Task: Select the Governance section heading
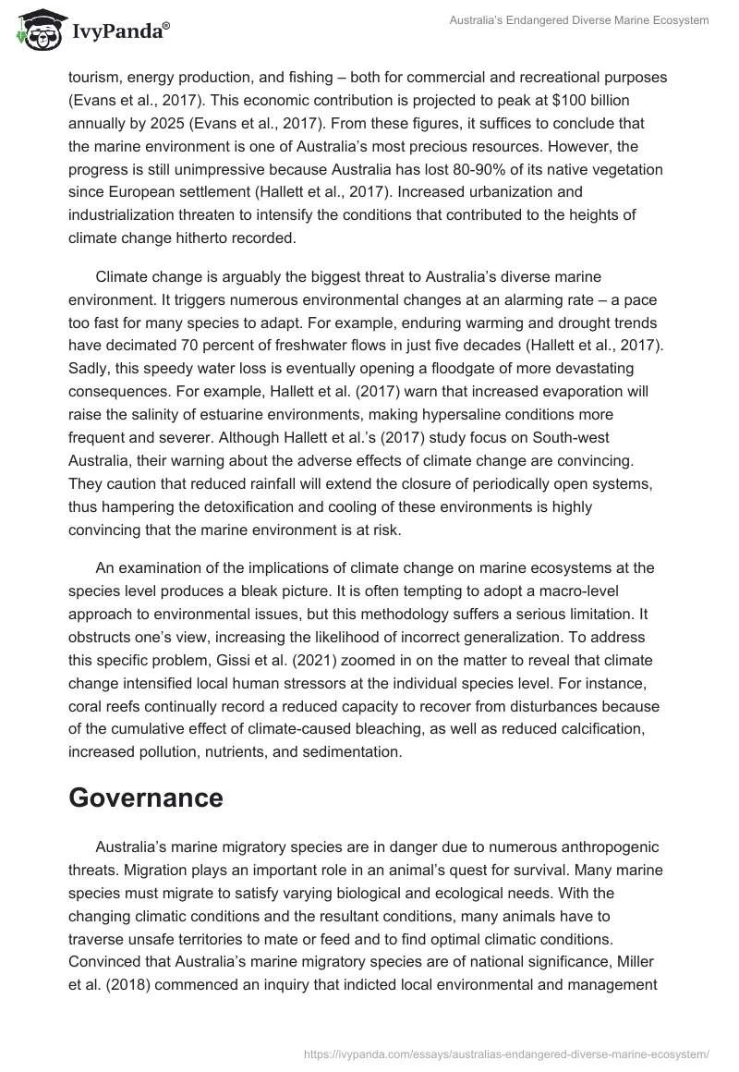click(146, 798)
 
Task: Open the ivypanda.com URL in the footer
click(505, 1053)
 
